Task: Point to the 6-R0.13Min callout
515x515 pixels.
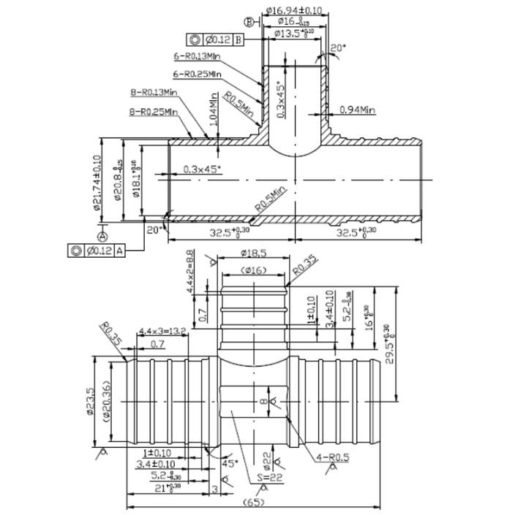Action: (198, 56)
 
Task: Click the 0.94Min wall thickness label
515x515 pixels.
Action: (357, 110)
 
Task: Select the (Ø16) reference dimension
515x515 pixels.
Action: (255, 271)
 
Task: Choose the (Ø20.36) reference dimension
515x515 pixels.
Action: (108, 401)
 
